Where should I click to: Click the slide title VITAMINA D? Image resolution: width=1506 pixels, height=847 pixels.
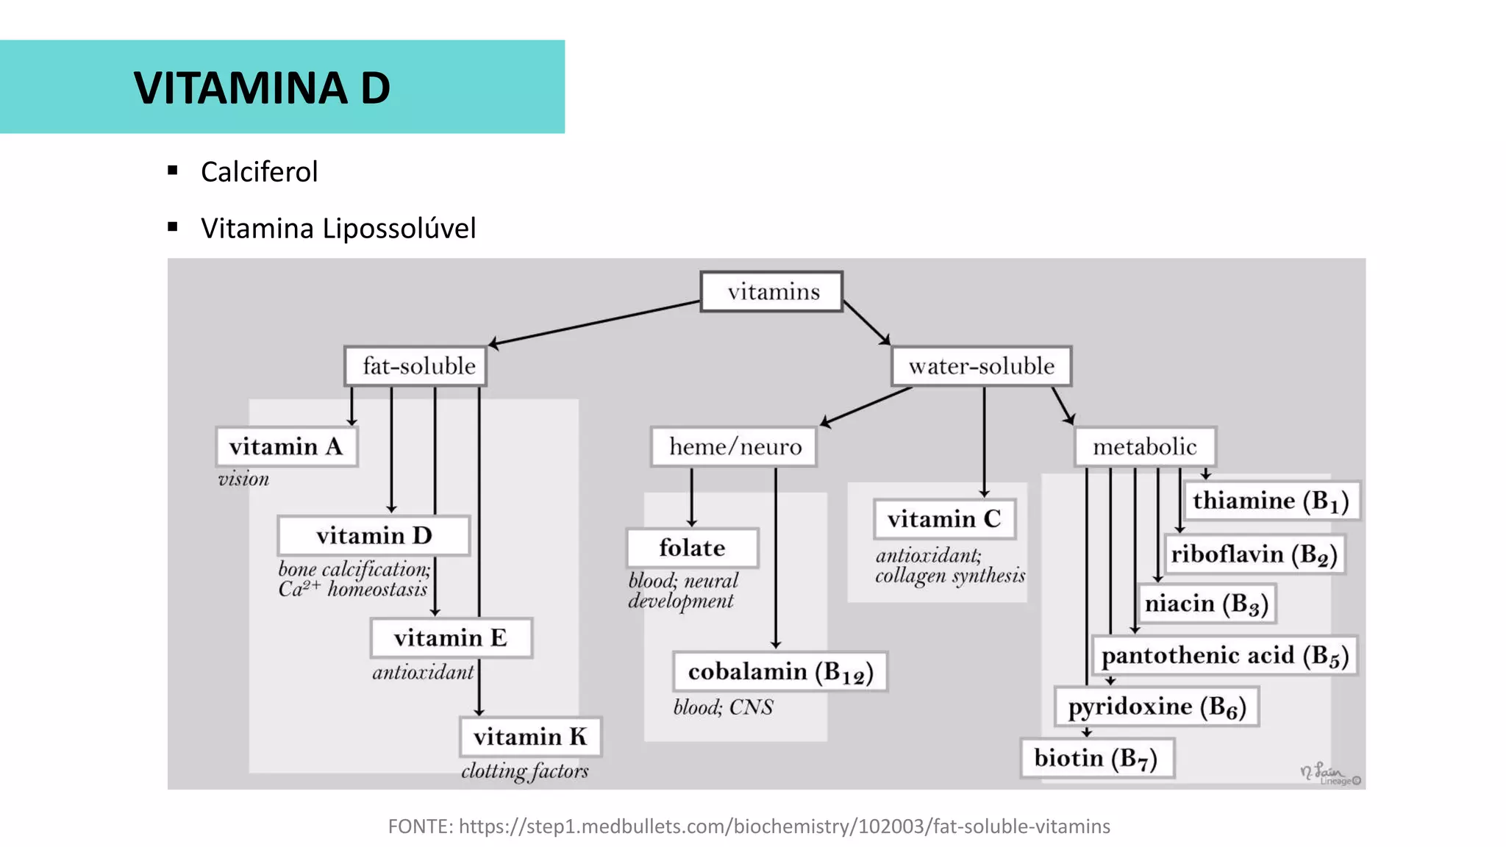262,88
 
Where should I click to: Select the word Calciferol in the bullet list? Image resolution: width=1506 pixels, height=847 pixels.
259,172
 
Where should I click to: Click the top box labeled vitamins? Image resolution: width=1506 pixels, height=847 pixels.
771,292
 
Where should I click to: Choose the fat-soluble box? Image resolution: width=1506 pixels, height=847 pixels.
416,366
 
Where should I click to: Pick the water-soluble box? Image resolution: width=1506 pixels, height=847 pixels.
981,366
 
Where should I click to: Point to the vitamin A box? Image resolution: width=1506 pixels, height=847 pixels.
287,446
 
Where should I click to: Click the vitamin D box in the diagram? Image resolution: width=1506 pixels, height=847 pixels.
374,535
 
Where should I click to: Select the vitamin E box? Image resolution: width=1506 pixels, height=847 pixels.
451,637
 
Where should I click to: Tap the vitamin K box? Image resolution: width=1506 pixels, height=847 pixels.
530,737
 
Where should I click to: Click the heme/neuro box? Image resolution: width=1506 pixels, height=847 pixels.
734,446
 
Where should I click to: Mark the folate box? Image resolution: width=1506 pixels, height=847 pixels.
692,548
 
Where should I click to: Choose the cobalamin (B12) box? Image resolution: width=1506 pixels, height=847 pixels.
780,671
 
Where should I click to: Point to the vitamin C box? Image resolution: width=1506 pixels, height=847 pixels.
944,519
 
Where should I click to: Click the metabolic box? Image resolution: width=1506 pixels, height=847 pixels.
1145,446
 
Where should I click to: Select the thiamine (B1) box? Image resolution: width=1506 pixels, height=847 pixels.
1271,501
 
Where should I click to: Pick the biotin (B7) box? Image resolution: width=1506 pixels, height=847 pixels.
1096,758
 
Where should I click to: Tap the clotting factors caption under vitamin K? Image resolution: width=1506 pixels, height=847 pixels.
525,771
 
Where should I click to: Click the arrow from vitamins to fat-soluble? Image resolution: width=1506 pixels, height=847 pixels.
596,322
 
